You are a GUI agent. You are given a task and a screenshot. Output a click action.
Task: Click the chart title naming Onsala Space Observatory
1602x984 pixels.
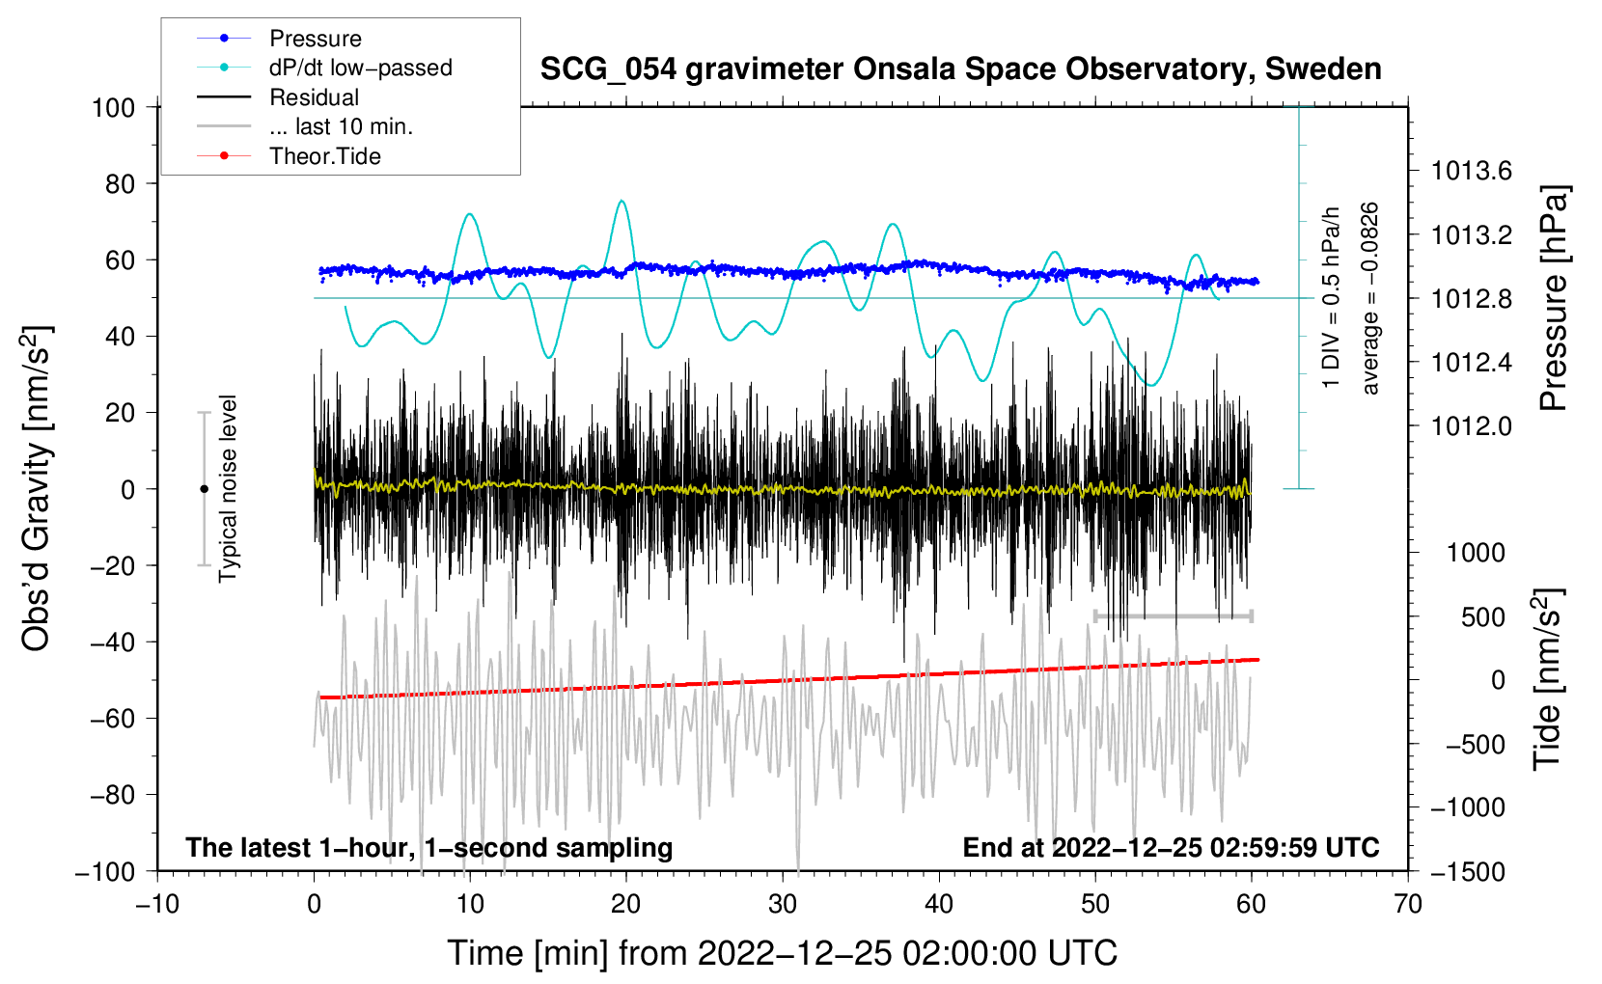click(960, 69)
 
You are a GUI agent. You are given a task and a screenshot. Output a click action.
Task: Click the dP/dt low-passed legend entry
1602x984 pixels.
click(360, 68)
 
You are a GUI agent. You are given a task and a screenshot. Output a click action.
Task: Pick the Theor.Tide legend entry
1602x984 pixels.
click(324, 156)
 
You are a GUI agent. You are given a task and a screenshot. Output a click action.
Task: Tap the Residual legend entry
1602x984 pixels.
click(314, 97)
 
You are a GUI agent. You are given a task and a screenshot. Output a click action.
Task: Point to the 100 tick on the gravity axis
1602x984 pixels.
click(113, 107)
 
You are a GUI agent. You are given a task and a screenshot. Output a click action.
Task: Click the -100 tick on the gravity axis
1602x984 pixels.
click(105, 871)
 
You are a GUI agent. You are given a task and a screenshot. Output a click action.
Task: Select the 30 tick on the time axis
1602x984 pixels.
click(783, 904)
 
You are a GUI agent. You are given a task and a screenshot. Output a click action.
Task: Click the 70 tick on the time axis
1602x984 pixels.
click(1408, 904)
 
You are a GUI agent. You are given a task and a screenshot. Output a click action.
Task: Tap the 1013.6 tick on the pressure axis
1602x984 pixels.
click(1471, 172)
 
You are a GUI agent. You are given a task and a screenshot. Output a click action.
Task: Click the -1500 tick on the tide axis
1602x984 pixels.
click(1467, 871)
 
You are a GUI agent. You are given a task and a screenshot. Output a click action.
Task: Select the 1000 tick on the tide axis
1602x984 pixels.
click(1475, 553)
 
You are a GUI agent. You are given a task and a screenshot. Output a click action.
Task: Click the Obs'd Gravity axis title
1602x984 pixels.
click(36, 489)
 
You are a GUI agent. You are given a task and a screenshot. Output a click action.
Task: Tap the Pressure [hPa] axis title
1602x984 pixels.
click(1553, 298)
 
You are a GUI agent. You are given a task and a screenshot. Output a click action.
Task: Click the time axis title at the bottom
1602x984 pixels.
click(782, 953)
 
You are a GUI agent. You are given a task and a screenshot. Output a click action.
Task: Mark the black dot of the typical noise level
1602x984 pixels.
click(204, 489)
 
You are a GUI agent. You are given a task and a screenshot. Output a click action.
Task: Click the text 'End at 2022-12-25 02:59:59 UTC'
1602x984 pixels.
click(1171, 848)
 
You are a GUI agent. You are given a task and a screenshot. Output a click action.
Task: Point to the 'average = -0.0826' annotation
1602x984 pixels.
click(1369, 298)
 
